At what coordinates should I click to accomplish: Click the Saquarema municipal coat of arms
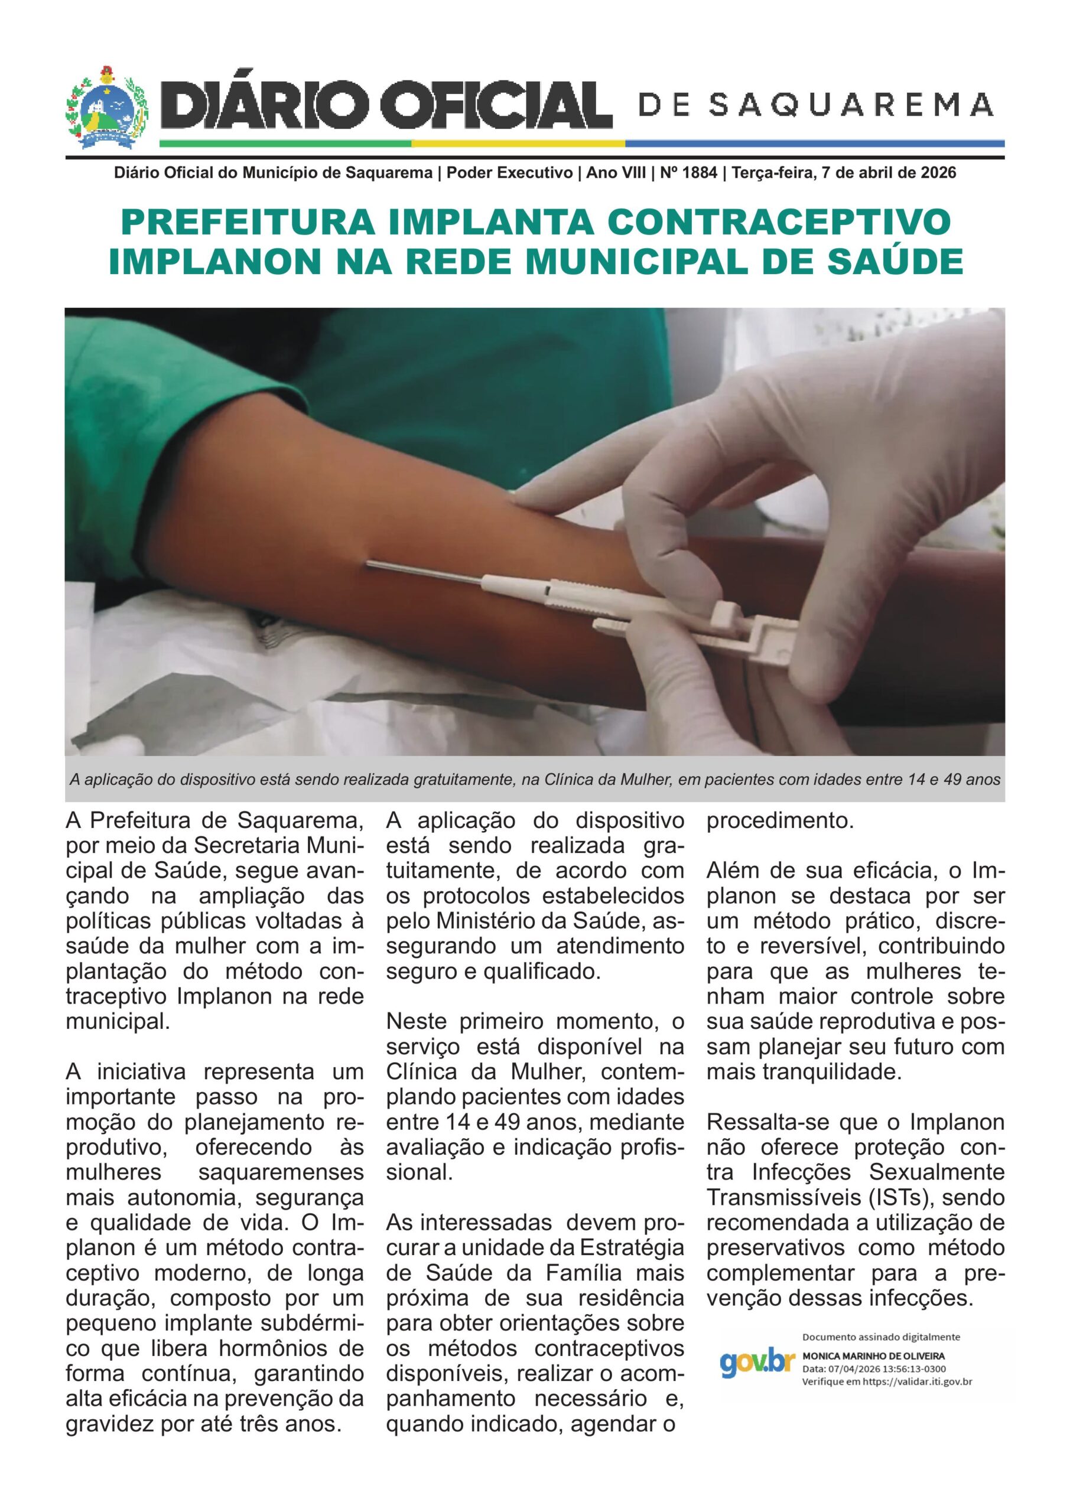click(x=108, y=109)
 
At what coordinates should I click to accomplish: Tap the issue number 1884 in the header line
click(x=699, y=174)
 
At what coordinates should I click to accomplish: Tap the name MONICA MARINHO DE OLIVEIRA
click(x=873, y=1356)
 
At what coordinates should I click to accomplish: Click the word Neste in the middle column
click(x=417, y=1021)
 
